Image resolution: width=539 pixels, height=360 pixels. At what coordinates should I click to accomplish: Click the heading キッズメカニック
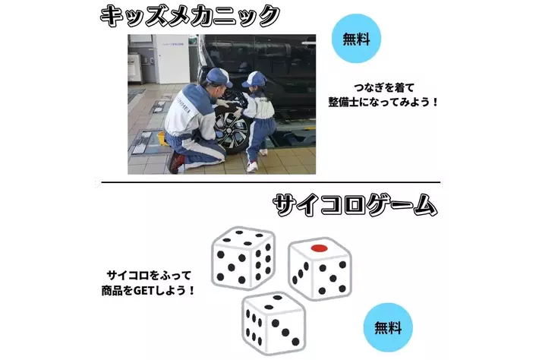pyautogui.click(x=190, y=15)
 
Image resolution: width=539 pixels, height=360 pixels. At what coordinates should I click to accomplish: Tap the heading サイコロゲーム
pyautogui.click(x=355, y=205)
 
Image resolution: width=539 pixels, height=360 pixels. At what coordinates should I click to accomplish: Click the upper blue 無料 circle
pyautogui.click(x=356, y=38)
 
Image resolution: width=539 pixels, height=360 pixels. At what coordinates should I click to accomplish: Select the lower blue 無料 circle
pyautogui.click(x=388, y=327)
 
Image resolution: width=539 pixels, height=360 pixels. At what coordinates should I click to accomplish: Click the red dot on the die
pyautogui.click(x=319, y=248)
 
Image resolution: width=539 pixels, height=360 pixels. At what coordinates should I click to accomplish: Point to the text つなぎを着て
pyautogui.click(x=384, y=87)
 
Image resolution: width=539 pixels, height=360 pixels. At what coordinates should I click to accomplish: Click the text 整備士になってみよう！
pyautogui.click(x=383, y=102)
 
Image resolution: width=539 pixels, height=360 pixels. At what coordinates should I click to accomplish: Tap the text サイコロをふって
pyautogui.click(x=149, y=275)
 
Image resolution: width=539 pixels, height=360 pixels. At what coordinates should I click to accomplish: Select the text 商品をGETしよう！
pyautogui.click(x=149, y=291)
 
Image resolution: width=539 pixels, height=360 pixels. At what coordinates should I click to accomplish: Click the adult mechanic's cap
pyautogui.click(x=219, y=77)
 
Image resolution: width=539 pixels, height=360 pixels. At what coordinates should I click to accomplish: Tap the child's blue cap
pyautogui.click(x=255, y=80)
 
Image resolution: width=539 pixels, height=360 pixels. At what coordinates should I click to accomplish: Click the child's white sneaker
pyautogui.click(x=252, y=167)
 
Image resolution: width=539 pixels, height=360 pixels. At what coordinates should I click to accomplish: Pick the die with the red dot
pyautogui.click(x=320, y=269)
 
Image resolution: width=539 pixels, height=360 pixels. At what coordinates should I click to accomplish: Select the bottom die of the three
pyautogui.click(x=273, y=324)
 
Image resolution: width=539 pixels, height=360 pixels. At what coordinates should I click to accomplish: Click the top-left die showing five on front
pyautogui.click(x=244, y=258)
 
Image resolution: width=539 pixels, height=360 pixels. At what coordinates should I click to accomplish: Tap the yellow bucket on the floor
pyautogui.click(x=162, y=138)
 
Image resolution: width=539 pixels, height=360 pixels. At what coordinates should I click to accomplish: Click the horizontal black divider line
pyautogui.click(x=271, y=182)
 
